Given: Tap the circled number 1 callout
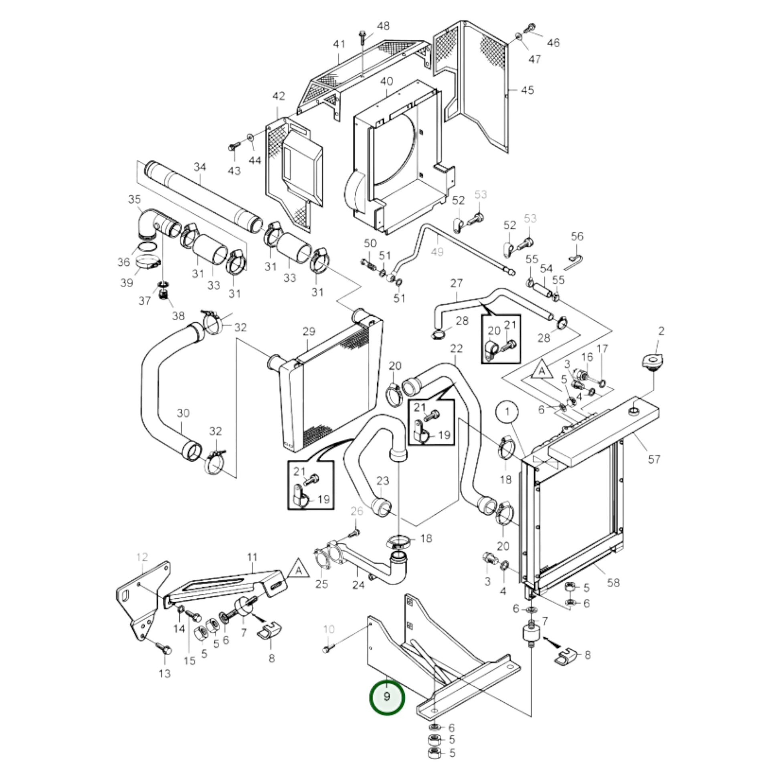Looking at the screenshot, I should (x=507, y=411).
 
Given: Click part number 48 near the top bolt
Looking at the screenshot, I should (x=383, y=26).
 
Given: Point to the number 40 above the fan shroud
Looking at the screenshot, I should (x=386, y=81).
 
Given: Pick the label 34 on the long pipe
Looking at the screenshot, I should (x=200, y=167).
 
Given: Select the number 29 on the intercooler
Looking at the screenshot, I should (x=309, y=332).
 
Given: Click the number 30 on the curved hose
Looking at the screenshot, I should (x=183, y=413).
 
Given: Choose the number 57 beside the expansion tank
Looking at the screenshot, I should (x=654, y=459).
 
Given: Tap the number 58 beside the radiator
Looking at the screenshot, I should (x=613, y=582).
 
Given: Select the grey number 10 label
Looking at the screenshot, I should (x=329, y=629).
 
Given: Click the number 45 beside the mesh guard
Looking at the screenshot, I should (x=527, y=90).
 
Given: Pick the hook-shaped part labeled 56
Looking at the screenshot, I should (x=575, y=259).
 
